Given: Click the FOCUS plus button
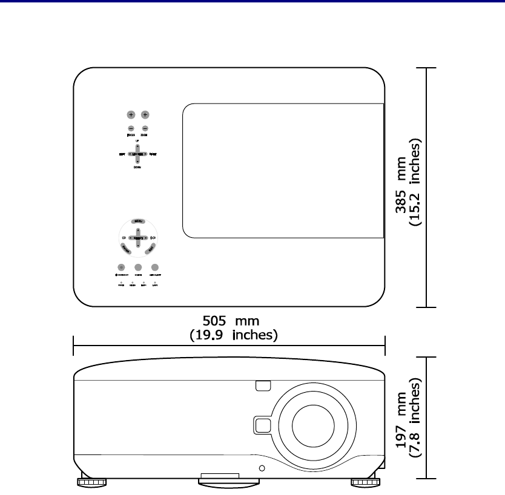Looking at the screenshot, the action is click(131, 114).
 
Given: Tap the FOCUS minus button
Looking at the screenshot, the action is click(131, 128).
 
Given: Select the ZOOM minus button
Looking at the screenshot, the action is click(145, 128).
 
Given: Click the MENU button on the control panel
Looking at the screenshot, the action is click(139, 223).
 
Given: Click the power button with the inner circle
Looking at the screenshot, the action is click(121, 267).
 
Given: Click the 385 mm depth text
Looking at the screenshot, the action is click(401, 188).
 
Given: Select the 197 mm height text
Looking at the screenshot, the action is click(401, 425).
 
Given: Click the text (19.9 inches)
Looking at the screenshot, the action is click(234, 334).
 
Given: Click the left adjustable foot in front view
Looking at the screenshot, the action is click(91, 482).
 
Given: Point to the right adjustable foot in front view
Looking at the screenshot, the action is click(365, 482).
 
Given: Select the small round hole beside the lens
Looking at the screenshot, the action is click(262, 468).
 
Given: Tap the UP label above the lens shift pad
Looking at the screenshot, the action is click(137, 140).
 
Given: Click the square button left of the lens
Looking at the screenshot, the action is click(262, 425).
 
